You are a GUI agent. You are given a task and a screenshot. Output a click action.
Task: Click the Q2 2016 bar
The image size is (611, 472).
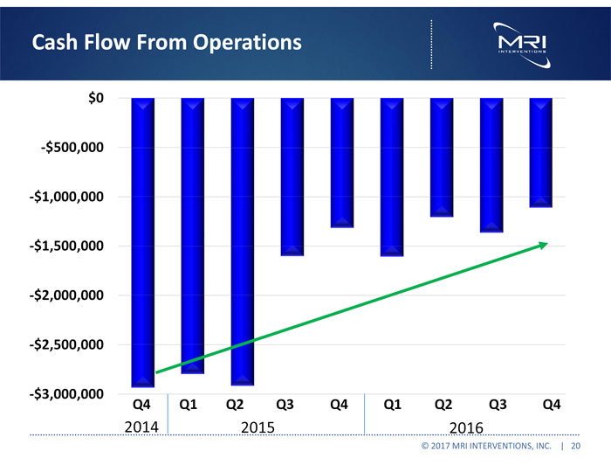pyautogui.click(x=442, y=157)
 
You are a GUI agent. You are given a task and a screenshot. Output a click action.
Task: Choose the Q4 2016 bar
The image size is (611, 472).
pyautogui.click(x=541, y=152)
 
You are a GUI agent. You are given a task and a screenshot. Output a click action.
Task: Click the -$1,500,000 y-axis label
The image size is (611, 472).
pyautogui.click(x=67, y=246)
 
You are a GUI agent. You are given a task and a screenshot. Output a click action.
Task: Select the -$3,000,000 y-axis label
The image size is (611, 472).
pyautogui.click(x=67, y=395)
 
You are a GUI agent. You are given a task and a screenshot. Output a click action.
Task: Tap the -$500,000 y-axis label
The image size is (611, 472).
pyautogui.click(x=72, y=148)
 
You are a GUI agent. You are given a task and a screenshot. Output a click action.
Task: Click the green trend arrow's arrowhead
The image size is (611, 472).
pyautogui.click(x=543, y=245)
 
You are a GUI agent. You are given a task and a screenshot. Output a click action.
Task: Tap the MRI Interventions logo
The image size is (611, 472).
pyautogui.click(x=521, y=43)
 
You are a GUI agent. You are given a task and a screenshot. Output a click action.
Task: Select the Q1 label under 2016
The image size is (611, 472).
pyautogui.click(x=392, y=405)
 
